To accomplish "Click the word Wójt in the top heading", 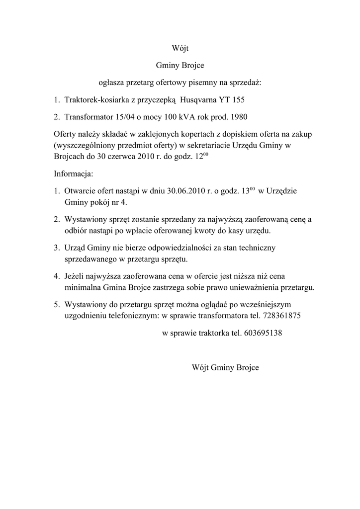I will [180, 48].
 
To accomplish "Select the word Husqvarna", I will [198, 100].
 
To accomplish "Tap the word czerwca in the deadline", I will [126, 157].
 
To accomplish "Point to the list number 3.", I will [57, 248].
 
